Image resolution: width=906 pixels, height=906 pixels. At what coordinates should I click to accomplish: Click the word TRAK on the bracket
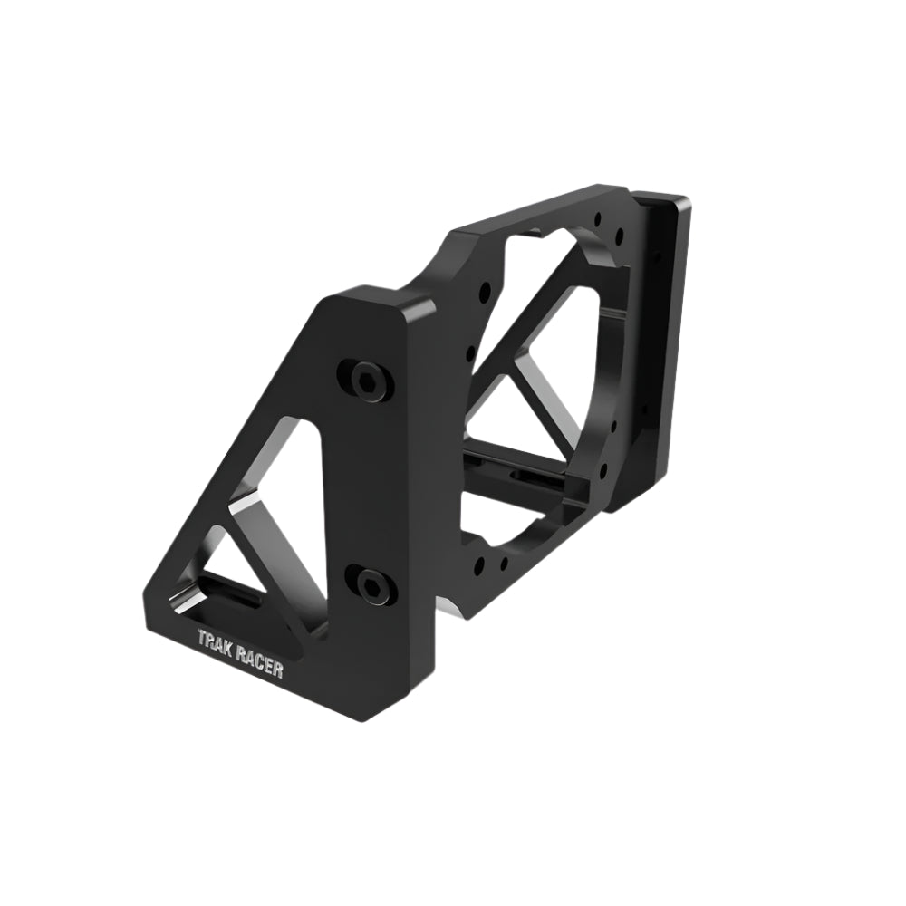coord(217,640)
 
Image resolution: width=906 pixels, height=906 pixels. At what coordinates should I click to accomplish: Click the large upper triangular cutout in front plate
coord(292,471)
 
